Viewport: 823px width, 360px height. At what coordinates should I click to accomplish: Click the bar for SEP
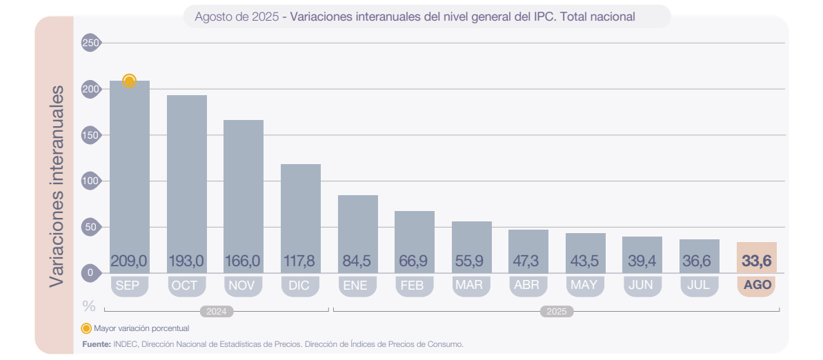tap(130, 172)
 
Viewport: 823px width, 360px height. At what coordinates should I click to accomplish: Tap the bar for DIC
tap(301, 207)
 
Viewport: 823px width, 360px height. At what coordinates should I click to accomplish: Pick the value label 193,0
tap(186, 261)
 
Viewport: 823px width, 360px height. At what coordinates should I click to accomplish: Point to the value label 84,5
tap(357, 261)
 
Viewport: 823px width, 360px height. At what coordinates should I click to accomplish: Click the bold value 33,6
tap(756, 261)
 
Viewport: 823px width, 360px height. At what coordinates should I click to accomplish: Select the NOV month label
tap(244, 286)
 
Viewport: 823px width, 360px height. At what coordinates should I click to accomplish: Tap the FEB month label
tap(414, 286)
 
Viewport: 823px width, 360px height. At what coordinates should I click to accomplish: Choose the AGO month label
tap(756, 286)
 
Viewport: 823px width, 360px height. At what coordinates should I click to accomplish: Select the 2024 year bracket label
tap(217, 312)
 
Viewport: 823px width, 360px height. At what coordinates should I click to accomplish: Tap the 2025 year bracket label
tap(556, 312)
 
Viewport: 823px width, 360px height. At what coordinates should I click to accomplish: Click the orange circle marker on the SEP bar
tap(129, 81)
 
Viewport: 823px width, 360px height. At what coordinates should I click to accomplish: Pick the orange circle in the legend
tap(86, 328)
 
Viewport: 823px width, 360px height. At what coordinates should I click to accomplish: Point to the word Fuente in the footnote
tap(96, 343)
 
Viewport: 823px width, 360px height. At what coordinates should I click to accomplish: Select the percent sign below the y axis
tap(89, 305)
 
